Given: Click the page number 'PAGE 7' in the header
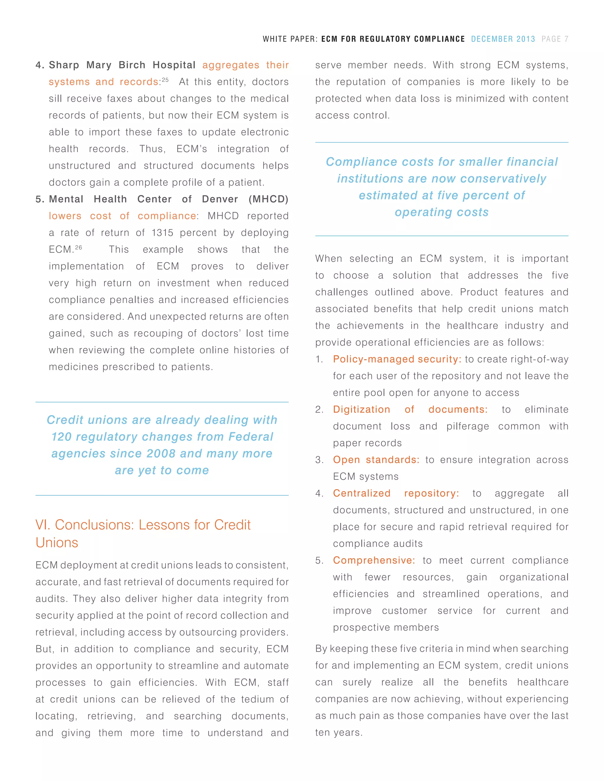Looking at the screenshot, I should tap(555, 39).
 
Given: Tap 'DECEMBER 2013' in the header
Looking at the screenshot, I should tap(503, 39).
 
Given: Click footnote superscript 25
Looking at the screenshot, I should tap(165, 80).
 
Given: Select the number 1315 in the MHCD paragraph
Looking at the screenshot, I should tap(162, 233).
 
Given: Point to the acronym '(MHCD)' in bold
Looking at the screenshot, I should tap(268, 199).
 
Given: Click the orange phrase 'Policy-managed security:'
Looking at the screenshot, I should tap(397, 359).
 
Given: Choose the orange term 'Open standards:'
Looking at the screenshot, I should tap(376, 459).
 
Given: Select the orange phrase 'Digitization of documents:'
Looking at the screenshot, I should tap(410, 409).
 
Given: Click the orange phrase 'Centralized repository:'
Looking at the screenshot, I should tap(396, 493).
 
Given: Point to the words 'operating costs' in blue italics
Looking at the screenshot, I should tap(441, 212).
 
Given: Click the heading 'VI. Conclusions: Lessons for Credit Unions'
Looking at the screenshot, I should tap(143, 533).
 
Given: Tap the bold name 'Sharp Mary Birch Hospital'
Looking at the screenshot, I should tap(122, 65).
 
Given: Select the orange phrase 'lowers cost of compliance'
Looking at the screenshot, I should tap(122, 216).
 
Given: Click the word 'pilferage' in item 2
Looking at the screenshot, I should tap(467, 426).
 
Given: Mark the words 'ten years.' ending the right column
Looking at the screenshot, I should tap(339, 732).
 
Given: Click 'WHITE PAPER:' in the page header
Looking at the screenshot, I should tap(290, 39).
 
